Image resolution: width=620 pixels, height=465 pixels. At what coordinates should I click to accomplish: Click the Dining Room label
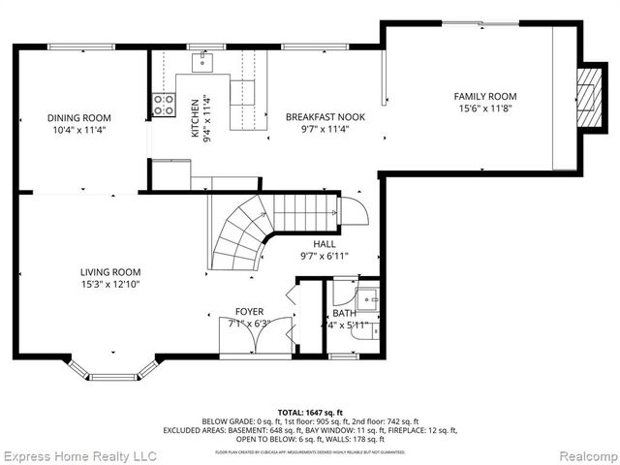tap(75, 118)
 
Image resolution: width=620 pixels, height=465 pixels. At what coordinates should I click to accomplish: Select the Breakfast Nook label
tap(325, 117)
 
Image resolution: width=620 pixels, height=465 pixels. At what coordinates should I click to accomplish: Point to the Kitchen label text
tap(195, 117)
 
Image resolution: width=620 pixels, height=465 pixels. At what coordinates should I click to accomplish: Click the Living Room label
tap(110, 272)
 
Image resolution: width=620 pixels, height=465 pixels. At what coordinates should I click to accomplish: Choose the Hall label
tap(325, 244)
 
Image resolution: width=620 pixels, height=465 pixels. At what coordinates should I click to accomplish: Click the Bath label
tap(344, 313)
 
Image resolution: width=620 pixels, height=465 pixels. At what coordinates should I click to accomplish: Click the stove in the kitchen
tap(163, 104)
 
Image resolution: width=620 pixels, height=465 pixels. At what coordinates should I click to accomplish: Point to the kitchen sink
tap(204, 63)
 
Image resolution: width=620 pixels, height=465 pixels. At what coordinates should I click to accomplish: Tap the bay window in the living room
tap(118, 371)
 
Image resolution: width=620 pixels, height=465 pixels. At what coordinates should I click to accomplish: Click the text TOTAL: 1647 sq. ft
tap(310, 412)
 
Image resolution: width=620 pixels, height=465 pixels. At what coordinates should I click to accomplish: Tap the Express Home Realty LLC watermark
tap(79, 454)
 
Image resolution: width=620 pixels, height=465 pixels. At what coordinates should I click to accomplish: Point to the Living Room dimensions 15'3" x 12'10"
tap(110, 286)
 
